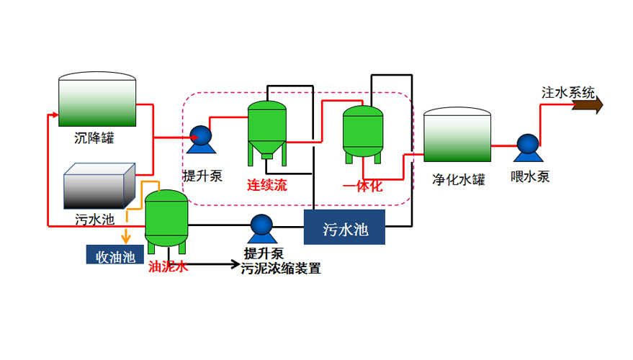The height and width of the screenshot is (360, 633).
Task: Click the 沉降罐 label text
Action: coord(94,138)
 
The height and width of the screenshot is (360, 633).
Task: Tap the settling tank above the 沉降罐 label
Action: coord(96,100)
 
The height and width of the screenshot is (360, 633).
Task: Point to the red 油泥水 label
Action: coord(169,266)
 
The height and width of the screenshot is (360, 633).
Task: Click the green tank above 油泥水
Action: coord(166,218)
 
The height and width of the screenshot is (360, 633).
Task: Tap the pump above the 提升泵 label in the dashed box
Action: coord(200,138)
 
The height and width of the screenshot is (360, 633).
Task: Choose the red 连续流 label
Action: coord(267,185)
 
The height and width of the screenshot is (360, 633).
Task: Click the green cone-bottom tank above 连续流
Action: coord(267,130)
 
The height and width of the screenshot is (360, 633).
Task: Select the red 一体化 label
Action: coord(362,186)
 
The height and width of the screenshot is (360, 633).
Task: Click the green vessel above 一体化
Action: coord(362,131)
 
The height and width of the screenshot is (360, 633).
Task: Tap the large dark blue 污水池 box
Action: coord(345,228)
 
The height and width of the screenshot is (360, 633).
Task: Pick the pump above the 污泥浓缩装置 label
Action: coord(261,228)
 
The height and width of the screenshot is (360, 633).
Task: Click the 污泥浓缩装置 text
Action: coord(281,269)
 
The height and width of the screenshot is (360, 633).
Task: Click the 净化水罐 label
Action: coord(458,179)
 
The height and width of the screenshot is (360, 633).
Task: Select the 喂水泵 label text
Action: coord(530,177)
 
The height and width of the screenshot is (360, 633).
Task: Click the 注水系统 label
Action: coord(568,92)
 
